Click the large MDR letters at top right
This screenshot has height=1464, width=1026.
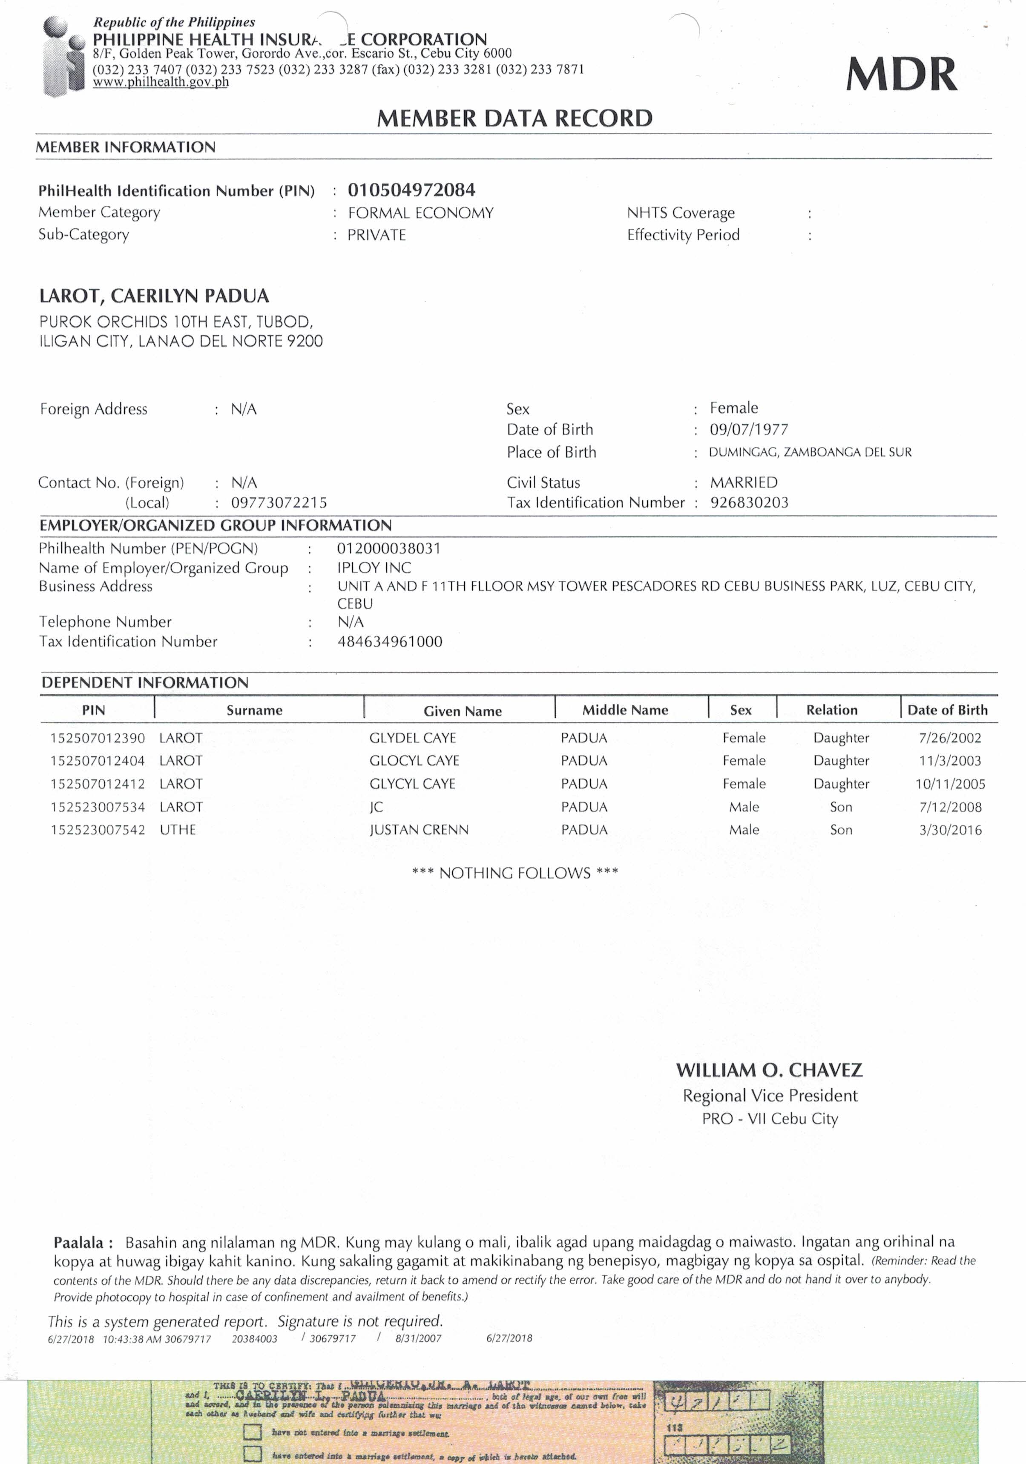(x=901, y=74)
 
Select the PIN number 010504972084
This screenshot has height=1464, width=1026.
(x=411, y=190)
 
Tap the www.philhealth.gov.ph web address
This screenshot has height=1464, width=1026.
(x=161, y=82)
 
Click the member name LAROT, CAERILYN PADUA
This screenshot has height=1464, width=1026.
(x=154, y=296)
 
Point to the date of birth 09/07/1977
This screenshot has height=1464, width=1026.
(x=749, y=430)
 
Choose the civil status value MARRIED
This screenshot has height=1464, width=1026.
(x=744, y=483)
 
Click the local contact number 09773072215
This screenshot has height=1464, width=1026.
(x=279, y=503)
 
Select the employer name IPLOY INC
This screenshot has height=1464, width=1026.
(x=374, y=567)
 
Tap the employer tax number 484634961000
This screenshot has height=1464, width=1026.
(x=390, y=641)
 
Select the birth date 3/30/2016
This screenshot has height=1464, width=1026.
(x=950, y=830)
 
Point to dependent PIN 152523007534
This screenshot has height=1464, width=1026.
(x=98, y=807)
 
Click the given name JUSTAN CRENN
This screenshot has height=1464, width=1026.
(x=419, y=830)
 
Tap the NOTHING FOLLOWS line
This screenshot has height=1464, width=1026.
(x=514, y=873)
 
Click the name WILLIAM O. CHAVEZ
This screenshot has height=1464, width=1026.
(x=769, y=1070)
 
